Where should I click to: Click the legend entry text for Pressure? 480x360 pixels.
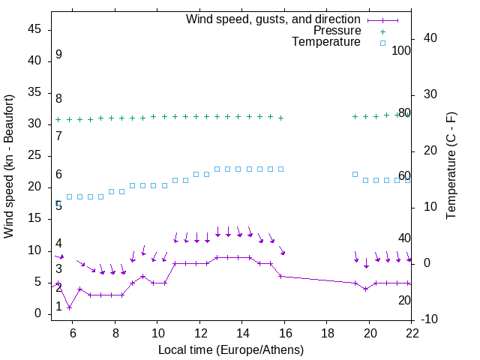[x=337, y=31]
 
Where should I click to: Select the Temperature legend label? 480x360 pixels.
[x=326, y=42]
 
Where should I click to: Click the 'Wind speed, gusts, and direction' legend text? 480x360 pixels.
[x=274, y=19]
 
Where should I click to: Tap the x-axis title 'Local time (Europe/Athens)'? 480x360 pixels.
[x=231, y=349]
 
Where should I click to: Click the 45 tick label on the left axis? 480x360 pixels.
[x=34, y=29]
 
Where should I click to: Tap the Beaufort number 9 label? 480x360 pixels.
[x=58, y=55]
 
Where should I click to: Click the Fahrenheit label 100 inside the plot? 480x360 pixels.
[x=401, y=51]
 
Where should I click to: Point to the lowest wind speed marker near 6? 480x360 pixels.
[x=69, y=307]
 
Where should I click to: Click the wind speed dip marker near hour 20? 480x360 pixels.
[x=365, y=289]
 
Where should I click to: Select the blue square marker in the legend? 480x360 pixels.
[x=382, y=43]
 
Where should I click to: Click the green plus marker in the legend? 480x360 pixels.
[x=382, y=31]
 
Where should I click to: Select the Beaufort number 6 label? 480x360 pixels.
[x=58, y=175]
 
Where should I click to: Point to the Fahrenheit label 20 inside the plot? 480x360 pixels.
[x=404, y=300]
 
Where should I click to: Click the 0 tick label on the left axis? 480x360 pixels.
[x=37, y=313]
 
